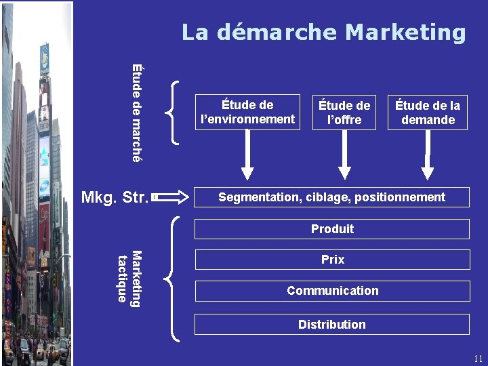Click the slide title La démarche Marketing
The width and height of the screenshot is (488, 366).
[x=323, y=32]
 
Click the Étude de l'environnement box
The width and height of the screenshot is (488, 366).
[x=247, y=112]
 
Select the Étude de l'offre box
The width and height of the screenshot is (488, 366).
[x=344, y=113]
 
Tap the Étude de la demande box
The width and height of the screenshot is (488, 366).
[x=428, y=113]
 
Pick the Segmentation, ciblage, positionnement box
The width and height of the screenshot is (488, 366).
[x=331, y=197]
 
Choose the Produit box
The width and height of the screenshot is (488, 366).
[x=331, y=229]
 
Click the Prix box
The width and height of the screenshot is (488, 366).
[x=331, y=260]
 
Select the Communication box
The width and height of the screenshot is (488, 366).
[x=331, y=291]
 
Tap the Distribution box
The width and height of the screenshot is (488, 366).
[x=331, y=325]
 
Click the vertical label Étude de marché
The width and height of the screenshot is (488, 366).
[x=137, y=113]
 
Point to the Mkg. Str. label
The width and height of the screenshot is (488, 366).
[x=114, y=198]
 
